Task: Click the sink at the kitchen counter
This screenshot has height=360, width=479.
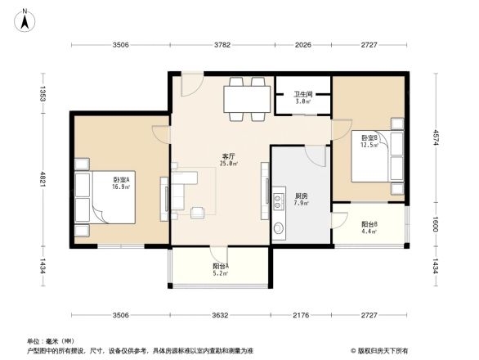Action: (280, 228)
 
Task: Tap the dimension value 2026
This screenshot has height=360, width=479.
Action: (303, 46)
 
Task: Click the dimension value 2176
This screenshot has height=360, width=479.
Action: (301, 315)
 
